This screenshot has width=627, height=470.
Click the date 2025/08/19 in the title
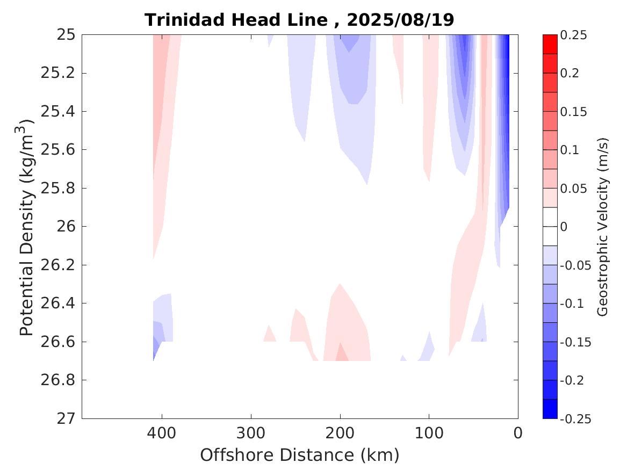(400, 20)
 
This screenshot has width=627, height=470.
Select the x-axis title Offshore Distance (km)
(299, 455)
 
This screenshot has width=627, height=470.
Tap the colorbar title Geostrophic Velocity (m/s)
(603, 226)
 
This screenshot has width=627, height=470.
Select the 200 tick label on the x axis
(340, 433)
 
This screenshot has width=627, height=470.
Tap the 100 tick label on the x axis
(429, 433)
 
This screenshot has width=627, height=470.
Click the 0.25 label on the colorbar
(573, 35)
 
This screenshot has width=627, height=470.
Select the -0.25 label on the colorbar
(575, 419)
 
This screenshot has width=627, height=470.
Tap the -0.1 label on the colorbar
(572, 303)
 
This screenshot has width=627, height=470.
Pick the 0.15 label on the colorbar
(573, 112)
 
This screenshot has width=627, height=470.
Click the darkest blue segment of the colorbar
(550, 409)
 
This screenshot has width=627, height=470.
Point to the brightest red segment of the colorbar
(550, 44)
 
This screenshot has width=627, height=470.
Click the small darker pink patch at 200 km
(341, 355)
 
